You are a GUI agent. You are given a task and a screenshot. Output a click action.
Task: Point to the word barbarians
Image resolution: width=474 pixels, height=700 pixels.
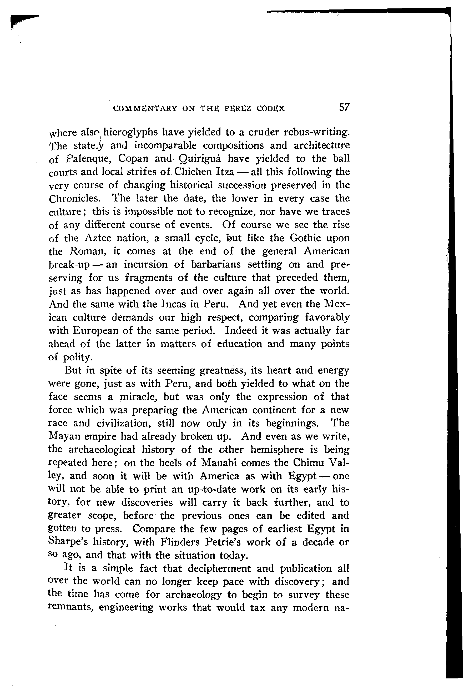click(216, 264)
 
